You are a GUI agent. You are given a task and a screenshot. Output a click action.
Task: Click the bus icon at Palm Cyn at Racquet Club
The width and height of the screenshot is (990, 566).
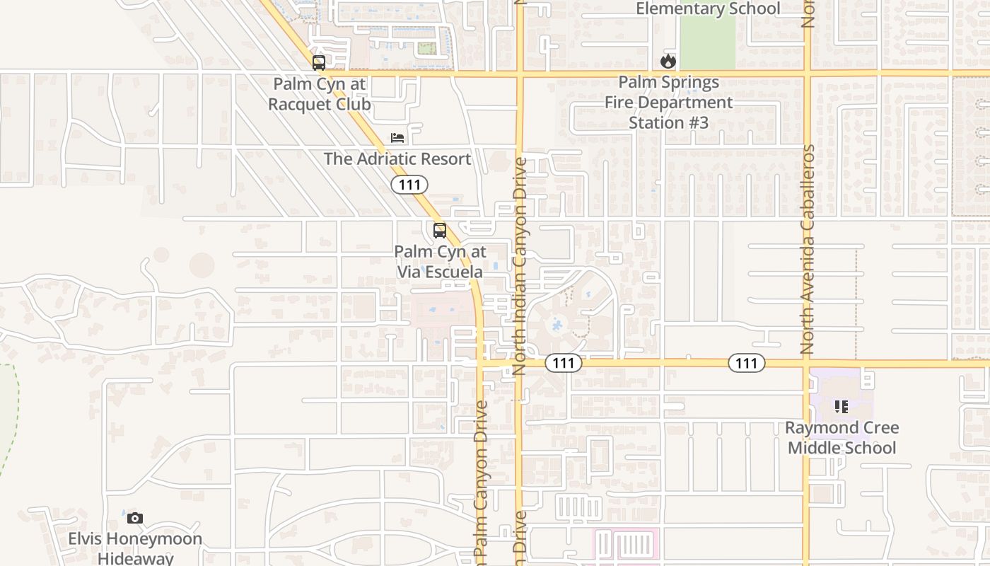[x=319, y=63]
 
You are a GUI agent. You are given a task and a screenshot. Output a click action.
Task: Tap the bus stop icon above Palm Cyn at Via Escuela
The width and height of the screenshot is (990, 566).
[x=440, y=231]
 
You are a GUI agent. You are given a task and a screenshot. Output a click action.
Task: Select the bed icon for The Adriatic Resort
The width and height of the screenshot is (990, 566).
[x=397, y=137]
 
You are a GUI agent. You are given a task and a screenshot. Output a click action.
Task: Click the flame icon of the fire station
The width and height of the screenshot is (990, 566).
[x=668, y=62]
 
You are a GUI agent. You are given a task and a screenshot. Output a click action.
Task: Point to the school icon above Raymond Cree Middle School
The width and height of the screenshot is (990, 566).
[x=841, y=407]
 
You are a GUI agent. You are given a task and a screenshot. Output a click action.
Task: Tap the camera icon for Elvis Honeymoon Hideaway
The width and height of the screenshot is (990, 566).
[x=135, y=519]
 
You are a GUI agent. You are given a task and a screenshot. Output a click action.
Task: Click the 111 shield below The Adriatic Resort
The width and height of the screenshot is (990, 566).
[x=409, y=185]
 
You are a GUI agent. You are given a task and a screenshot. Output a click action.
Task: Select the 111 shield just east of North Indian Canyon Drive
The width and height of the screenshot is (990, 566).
[x=564, y=364]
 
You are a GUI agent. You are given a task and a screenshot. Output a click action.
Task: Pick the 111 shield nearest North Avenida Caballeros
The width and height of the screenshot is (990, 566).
[x=746, y=364]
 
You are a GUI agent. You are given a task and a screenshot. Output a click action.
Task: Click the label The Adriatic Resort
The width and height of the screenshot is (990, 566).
[x=397, y=159]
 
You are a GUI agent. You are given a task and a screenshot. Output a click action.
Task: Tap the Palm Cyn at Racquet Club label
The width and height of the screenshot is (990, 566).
[x=320, y=94]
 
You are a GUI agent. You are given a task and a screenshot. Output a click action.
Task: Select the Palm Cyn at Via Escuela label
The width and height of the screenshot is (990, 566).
[x=440, y=262]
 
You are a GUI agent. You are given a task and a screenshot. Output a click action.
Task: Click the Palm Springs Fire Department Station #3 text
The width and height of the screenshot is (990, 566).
[x=668, y=103]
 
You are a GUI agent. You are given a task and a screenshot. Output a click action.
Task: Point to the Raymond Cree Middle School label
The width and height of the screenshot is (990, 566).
[x=841, y=438]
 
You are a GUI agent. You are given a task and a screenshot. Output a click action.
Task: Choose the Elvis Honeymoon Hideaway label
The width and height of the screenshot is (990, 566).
[x=135, y=548]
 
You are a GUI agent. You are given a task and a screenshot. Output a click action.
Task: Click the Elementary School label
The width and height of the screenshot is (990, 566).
[x=708, y=9]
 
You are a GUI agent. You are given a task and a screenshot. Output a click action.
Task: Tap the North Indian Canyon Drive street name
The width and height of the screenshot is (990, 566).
[x=520, y=266]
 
